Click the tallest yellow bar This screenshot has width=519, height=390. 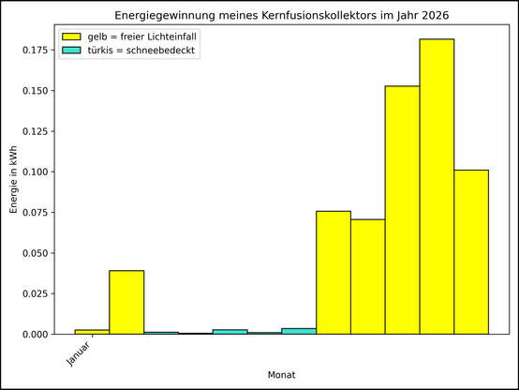pyautogui.click(x=437, y=187)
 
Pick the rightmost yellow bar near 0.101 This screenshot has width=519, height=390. pyautogui.click(x=471, y=252)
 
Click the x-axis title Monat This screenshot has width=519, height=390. pyautogui.click(x=281, y=375)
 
